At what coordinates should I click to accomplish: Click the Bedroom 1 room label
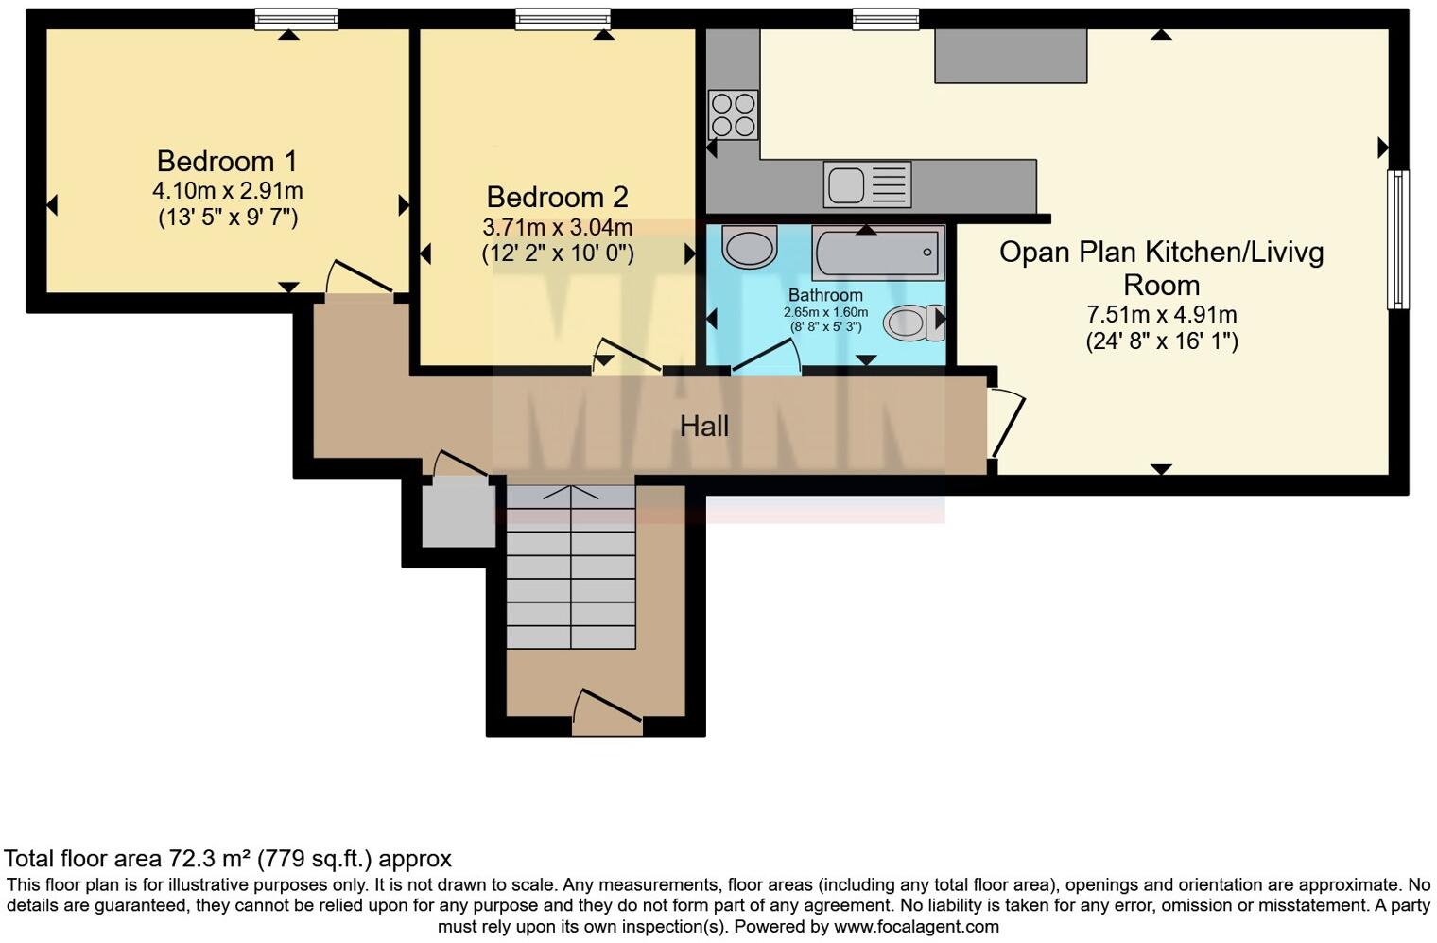pos(227,161)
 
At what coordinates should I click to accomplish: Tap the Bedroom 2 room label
pos(557,197)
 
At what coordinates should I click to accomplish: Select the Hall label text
pos(704,427)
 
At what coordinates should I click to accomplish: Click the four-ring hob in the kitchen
pos(733,114)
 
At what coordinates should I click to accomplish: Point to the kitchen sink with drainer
pos(867,183)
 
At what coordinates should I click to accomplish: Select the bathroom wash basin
pos(749,246)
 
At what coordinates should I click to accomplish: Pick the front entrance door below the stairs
pos(607,711)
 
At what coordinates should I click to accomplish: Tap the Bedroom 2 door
pos(626,356)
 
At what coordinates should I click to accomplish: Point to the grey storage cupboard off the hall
pos(459,514)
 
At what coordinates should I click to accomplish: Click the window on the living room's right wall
pos(1397,239)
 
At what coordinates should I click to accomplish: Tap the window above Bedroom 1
pos(296,19)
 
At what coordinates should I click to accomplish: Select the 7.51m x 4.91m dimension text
pos(1161,314)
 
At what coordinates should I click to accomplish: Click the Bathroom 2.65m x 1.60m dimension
pos(825,312)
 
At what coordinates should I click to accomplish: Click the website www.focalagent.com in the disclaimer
pos(916,927)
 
